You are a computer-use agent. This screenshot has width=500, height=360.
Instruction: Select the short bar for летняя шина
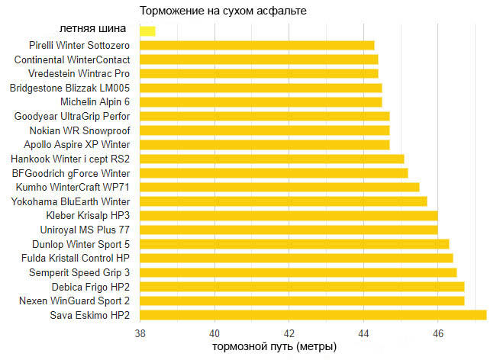coord(147,31)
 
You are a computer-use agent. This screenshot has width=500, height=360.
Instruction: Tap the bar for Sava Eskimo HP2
coord(313,315)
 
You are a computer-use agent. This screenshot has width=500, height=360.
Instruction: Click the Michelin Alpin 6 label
coord(95,102)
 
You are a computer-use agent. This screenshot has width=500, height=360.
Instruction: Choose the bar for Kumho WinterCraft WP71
coord(279,187)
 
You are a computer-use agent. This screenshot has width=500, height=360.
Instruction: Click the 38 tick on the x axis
coord(140,333)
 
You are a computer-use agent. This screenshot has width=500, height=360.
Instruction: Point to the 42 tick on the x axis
coord(289,333)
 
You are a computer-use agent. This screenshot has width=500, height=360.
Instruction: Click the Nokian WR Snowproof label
coord(80,130)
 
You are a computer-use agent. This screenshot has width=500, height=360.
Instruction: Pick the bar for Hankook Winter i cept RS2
coord(272,159)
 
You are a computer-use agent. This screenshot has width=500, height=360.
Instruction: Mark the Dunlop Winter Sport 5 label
coord(81,244)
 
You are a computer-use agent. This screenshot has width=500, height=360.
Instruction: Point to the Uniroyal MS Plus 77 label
coord(85,230)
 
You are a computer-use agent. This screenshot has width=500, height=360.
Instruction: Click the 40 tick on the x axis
coord(215,333)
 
